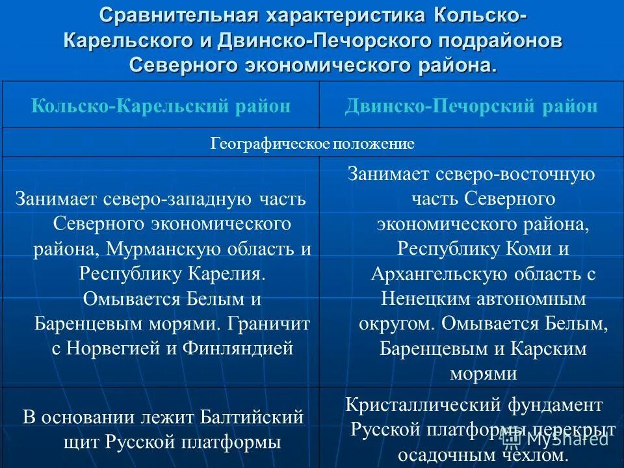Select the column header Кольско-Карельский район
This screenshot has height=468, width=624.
[161, 106]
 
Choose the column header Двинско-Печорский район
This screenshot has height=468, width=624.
[471, 106]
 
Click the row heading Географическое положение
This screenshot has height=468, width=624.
[312, 144]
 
